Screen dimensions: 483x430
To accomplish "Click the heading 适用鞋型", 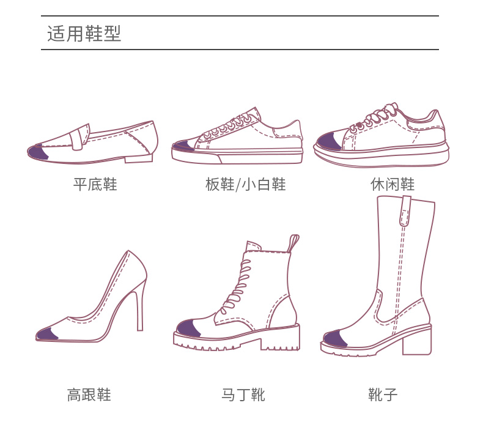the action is pos(84,33).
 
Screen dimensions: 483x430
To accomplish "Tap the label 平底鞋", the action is pos(95,184).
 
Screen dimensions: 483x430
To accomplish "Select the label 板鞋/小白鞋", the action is pos(246,184).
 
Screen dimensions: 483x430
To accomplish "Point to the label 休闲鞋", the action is pos(393,184).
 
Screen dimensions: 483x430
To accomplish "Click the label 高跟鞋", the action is pos(89,395).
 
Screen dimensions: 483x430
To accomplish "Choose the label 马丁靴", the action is pos(243,395).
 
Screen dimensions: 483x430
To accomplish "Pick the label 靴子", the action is pos(383,395).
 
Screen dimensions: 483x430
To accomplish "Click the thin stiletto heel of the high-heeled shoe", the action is pos(140,312).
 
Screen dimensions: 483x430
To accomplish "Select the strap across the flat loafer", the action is pos(79,137).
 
